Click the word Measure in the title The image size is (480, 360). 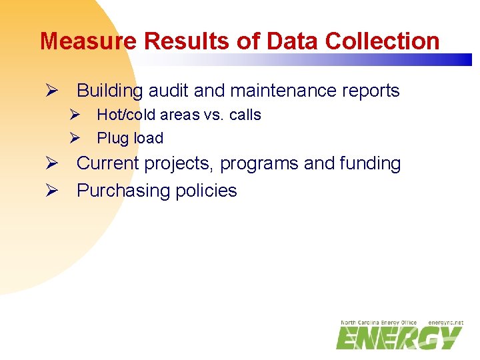click(x=89, y=41)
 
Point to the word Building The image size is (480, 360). click(x=110, y=91)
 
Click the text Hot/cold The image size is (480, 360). click(x=125, y=115)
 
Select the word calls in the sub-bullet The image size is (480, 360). click(x=245, y=115)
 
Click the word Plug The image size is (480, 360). click(x=112, y=139)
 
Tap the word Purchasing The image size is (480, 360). click(x=123, y=191)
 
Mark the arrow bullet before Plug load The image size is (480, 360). click(x=75, y=139)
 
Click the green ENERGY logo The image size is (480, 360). click(x=397, y=338)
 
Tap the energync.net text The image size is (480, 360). click(x=445, y=322)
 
